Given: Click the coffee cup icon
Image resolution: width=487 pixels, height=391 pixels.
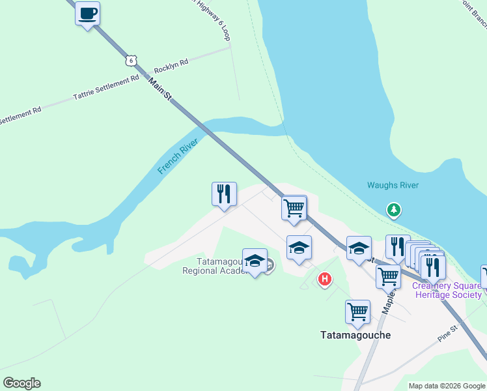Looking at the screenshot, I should click(87, 13).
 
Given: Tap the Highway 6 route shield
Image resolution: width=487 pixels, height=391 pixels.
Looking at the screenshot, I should click(132, 60).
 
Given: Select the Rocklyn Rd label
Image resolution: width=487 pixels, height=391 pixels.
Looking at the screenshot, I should click(171, 64).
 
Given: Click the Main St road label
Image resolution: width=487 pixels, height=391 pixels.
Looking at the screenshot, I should click(160, 90).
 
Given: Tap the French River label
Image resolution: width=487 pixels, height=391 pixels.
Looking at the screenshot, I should click(177, 156).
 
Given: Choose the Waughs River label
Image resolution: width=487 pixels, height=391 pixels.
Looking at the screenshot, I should click(393, 186).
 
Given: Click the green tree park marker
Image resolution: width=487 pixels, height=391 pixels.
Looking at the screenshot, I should click(393, 210).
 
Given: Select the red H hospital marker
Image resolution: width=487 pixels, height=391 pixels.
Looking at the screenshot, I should click(324, 280).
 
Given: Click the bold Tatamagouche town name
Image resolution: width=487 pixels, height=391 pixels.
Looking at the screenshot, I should click(355, 335).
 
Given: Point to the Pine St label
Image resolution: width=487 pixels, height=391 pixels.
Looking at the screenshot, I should click(449, 336).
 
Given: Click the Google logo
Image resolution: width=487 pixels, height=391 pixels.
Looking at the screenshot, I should click(21, 383).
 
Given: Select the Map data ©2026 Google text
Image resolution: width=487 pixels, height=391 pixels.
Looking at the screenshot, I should click(447, 386).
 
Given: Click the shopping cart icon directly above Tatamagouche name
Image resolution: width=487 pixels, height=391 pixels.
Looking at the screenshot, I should click(357, 311).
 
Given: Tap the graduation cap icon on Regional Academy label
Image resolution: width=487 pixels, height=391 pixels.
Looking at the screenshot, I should click(255, 261).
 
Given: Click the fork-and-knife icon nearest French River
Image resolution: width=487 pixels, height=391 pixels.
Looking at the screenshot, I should click(223, 194).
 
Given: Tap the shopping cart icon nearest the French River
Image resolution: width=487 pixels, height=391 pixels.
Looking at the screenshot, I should click(294, 208).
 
